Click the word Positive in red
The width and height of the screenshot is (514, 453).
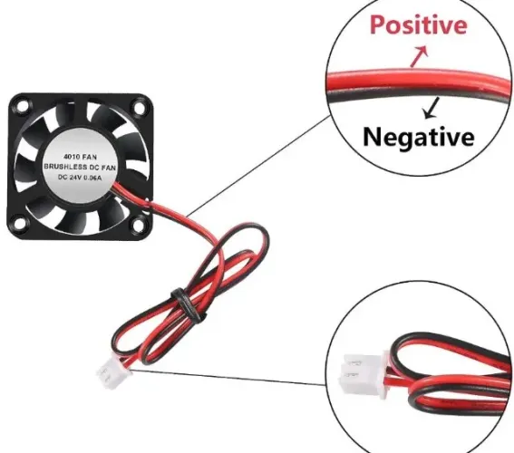pyautogui.click(x=418, y=24)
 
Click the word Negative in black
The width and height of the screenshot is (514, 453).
pyautogui.click(x=419, y=137)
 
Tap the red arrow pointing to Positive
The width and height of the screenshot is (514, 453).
pyautogui.click(x=419, y=55)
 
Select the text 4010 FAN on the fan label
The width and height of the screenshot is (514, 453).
pyautogui.click(x=80, y=157)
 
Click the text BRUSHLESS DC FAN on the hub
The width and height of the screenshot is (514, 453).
pyautogui.click(x=80, y=167)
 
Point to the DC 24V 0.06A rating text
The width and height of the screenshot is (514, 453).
pyautogui.click(x=80, y=178)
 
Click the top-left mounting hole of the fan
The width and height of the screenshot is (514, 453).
pyautogui.click(x=23, y=106)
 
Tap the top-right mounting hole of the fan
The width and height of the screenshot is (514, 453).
pyautogui.click(x=139, y=108)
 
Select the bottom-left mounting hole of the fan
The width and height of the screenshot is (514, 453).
pyautogui.click(x=20, y=223)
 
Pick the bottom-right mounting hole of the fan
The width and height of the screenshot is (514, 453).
pyautogui.click(x=139, y=225)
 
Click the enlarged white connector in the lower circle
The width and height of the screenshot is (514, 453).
pyautogui.click(x=364, y=374)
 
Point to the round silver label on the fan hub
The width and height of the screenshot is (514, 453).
pyautogui.click(x=80, y=167)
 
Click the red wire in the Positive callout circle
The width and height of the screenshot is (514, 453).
pyautogui.click(x=416, y=80)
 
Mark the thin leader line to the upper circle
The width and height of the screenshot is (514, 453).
pyautogui.click(x=259, y=166)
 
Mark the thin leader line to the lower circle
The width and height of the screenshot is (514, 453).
pyautogui.click(x=228, y=377)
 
